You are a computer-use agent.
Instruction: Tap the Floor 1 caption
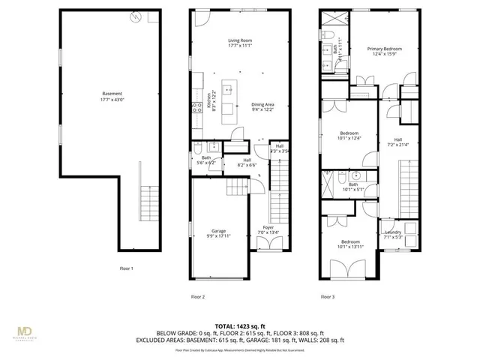pyautogui.click(x=126, y=268)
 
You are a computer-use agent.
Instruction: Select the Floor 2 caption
pyautogui.click(x=198, y=297)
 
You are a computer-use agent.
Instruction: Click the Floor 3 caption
pyautogui.click(x=328, y=297)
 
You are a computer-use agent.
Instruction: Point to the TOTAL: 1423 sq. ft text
pyautogui.click(x=239, y=325)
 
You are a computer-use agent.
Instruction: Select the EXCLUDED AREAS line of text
pyautogui.click(x=239, y=340)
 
